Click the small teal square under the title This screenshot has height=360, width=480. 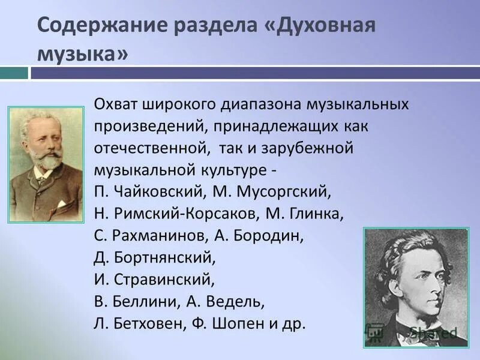tap(14, 73)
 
